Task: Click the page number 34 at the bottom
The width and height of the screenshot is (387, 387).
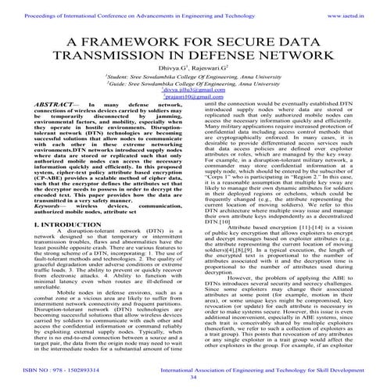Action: [193, 376]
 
